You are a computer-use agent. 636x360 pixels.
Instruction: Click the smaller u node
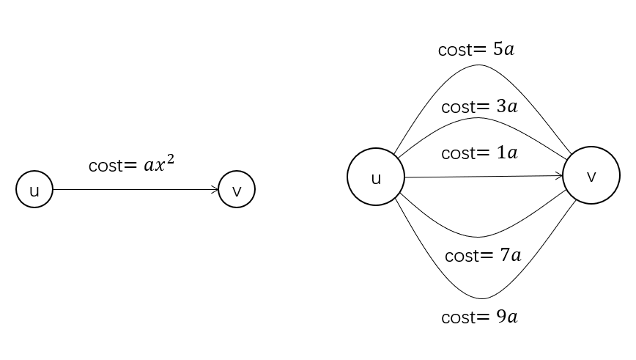click(34, 190)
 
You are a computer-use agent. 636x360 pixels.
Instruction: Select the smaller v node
click(237, 190)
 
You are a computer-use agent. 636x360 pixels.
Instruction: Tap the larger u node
click(376, 177)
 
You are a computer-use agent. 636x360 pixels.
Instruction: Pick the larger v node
click(591, 176)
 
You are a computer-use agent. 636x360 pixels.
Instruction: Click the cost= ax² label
click(131, 164)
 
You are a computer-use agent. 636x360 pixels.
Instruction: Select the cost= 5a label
click(476, 50)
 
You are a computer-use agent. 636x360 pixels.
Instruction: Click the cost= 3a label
click(479, 106)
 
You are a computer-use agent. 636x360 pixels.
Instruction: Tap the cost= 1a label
click(479, 153)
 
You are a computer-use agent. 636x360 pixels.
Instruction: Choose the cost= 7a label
click(482, 256)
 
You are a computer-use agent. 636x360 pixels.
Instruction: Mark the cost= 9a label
click(479, 317)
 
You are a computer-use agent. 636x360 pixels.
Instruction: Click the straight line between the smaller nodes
click(132, 190)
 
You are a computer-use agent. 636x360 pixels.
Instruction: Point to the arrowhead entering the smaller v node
click(215, 190)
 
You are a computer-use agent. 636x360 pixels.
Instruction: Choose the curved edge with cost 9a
click(481, 298)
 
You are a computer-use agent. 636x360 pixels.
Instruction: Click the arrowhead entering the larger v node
click(559, 176)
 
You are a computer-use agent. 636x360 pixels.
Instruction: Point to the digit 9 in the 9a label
click(500, 317)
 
